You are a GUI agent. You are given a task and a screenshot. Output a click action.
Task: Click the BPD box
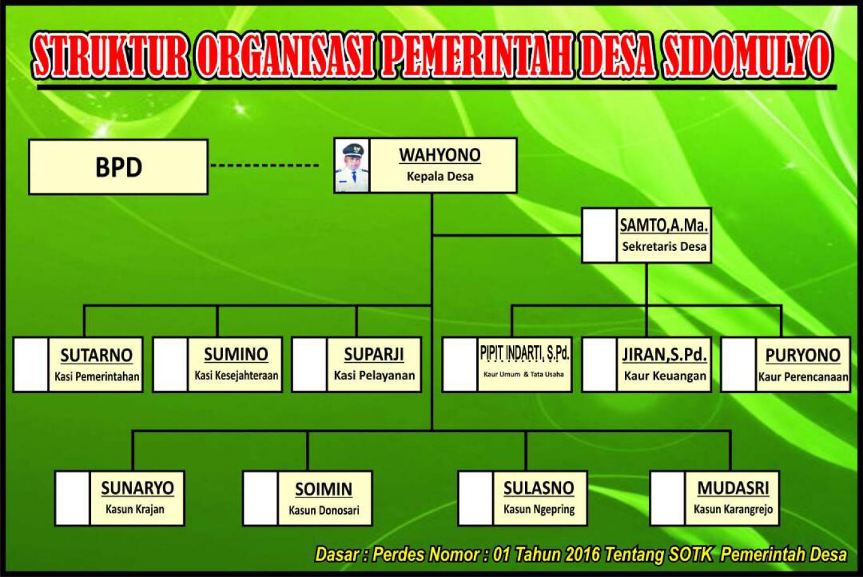pyautogui.click(x=118, y=167)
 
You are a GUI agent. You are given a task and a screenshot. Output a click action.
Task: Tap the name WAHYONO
pyautogui.click(x=440, y=155)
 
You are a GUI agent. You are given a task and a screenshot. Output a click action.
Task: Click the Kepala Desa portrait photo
pyautogui.click(x=351, y=166)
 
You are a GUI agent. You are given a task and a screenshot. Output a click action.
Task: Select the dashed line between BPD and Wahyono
pyautogui.click(x=265, y=166)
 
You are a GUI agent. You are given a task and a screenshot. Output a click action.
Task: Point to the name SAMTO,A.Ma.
pyautogui.click(x=664, y=226)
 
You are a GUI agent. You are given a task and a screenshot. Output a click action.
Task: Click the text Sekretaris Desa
pyautogui.click(x=664, y=246)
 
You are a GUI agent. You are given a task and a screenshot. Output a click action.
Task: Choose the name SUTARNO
pyautogui.click(x=96, y=355)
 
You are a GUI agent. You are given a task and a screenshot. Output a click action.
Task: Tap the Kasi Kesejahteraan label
pyautogui.click(x=236, y=375)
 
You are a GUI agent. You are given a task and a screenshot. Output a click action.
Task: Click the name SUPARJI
pyautogui.click(x=374, y=354)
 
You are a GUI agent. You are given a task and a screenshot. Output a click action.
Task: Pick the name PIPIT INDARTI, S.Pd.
pyautogui.click(x=524, y=353)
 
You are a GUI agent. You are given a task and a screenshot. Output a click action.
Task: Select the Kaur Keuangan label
pyautogui.click(x=665, y=376)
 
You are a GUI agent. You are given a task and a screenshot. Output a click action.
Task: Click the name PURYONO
pyautogui.click(x=803, y=355)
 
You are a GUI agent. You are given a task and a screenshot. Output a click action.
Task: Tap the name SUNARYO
pyautogui.click(x=138, y=488)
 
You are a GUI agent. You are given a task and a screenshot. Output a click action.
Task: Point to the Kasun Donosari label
pyautogui.click(x=324, y=510)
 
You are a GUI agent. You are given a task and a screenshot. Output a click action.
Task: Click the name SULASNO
pyautogui.click(x=539, y=488)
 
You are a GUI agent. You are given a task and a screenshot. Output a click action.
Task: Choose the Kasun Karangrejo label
pyautogui.click(x=733, y=509)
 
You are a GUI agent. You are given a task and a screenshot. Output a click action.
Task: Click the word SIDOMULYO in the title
pyautogui.click(x=747, y=56)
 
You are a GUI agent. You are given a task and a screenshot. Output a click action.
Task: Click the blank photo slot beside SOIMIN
pyautogui.click(x=260, y=498)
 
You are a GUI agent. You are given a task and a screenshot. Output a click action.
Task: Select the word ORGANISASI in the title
pyautogui.click(x=284, y=56)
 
